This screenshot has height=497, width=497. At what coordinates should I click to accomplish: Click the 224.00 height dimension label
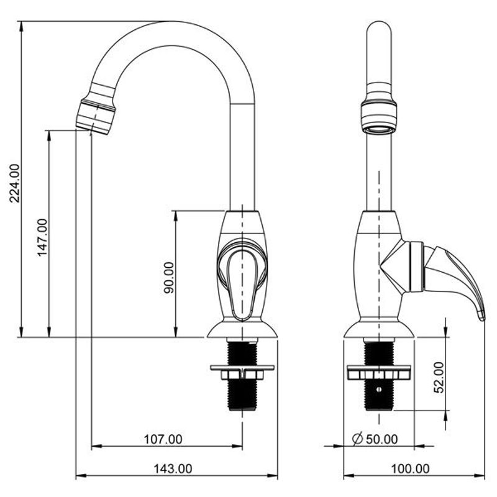tap(14, 183)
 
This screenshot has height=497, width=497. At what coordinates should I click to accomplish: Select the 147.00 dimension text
tap(42, 238)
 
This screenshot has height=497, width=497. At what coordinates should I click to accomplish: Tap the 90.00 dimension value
tap(169, 278)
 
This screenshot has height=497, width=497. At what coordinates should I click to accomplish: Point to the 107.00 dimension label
tap(163, 439)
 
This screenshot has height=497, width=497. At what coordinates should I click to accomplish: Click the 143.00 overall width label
tap(173, 468)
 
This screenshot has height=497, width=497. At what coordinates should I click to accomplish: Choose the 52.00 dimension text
tap(439, 377)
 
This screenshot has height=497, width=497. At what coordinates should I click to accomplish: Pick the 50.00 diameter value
tap(382, 439)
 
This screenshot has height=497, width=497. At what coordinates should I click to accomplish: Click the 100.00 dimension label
tap(411, 468)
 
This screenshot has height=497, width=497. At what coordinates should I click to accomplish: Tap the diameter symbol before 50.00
tap(358, 439)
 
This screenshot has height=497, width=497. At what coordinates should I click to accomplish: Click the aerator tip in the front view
tap(96, 117)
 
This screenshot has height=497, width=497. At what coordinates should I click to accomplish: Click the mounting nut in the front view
tap(242, 372)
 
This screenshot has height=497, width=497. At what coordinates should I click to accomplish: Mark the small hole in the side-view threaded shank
tap(378, 390)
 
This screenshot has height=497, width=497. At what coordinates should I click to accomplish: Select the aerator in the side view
tap(379, 117)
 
